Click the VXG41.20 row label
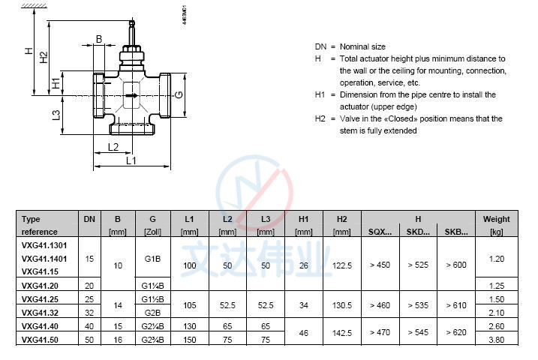(x=40, y=285)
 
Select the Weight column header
(x=496, y=219)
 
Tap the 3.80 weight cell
(x=496, y=339)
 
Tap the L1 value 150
(x=189, y=339)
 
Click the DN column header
(x=89, y=219)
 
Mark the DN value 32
(x=89, y=312)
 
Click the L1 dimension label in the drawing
(x=131, y=160)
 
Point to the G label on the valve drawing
(x=179, y=94)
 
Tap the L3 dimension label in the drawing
(x=56, y=115)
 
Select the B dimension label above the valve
(x=98, y=39)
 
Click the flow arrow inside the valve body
(x=132, y=95)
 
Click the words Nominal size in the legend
(x=362, y=46)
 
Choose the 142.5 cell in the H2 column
(x=342, y=331)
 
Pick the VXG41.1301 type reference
(x=44, y=244)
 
